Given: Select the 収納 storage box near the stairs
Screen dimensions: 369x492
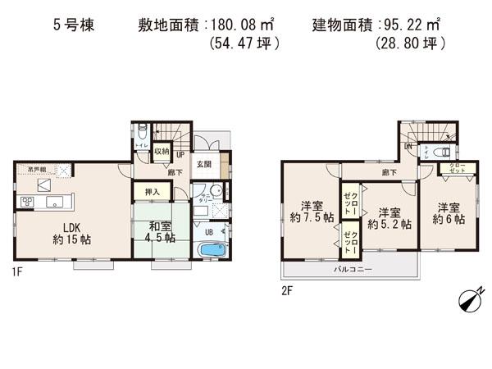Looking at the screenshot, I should [x=162, y=151].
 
